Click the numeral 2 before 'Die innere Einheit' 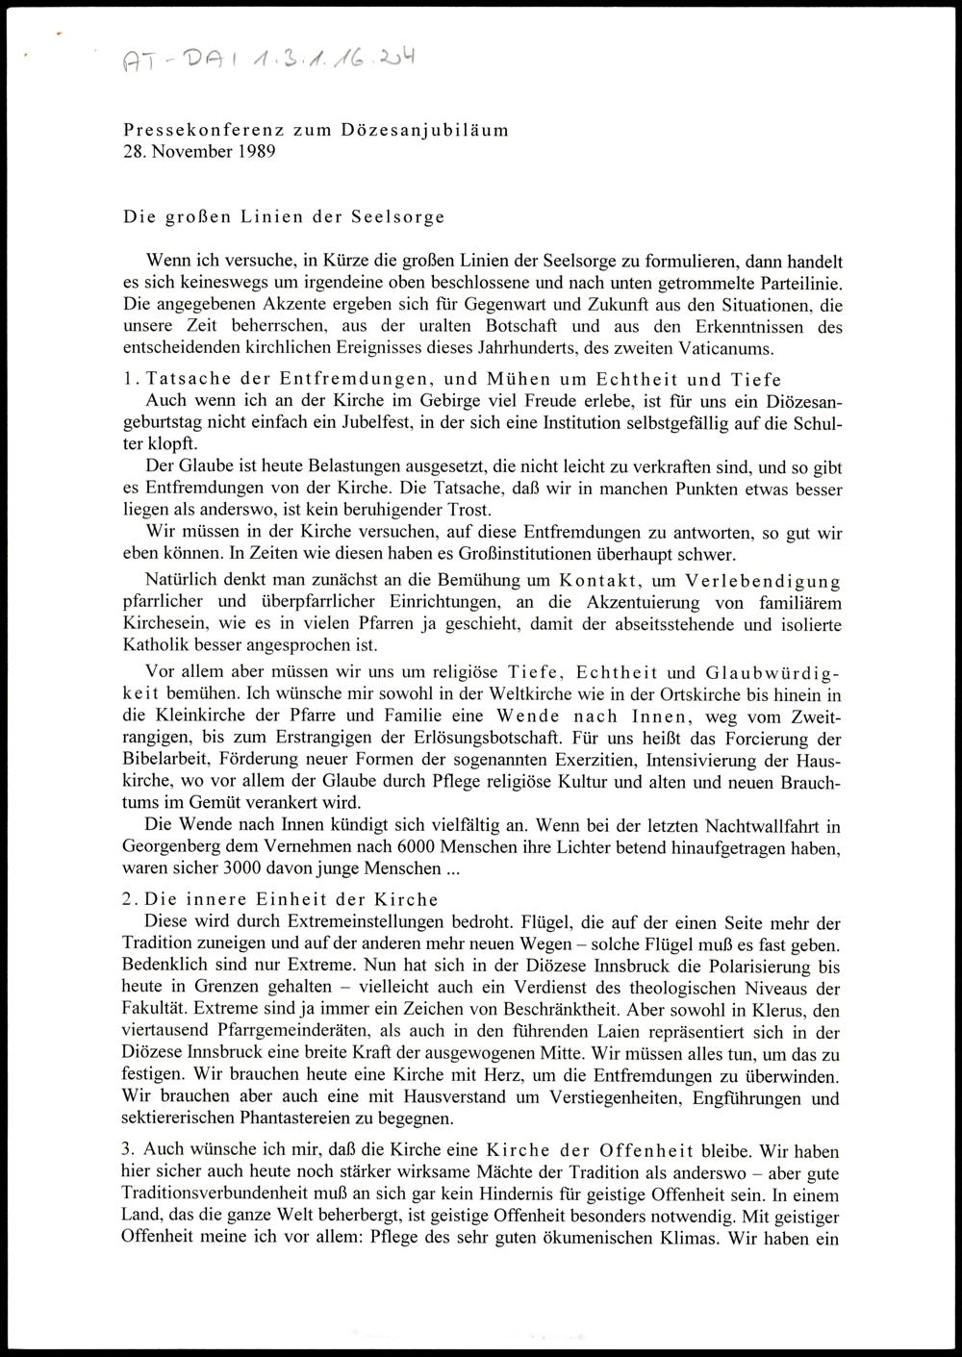click(127, 899)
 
